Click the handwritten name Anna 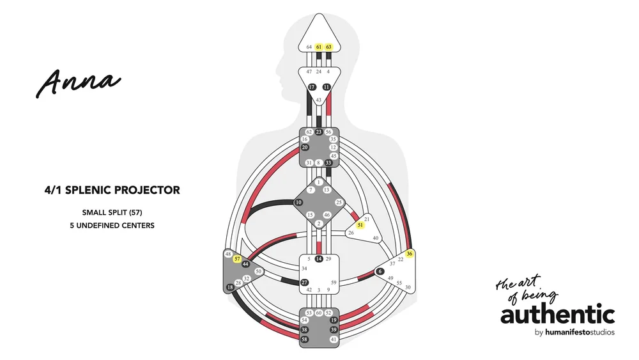tap(78, 82)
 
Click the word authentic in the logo tap(557, 315)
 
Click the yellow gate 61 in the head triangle tap(319, 47)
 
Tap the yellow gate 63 tap(329, 47)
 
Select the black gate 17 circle tap(312, 87)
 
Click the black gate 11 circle tap(327, 87)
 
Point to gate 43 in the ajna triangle tap(319, 100)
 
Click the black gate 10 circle tap(298, 203)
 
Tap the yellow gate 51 tap(360, 226)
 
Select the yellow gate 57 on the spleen tap(237, 259)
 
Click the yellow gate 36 tap(410, 254)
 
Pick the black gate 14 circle tap(319, 259)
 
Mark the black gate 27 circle tap(305, 282)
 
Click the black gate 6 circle tap(380, 272)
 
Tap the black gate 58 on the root tap(305, 340)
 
